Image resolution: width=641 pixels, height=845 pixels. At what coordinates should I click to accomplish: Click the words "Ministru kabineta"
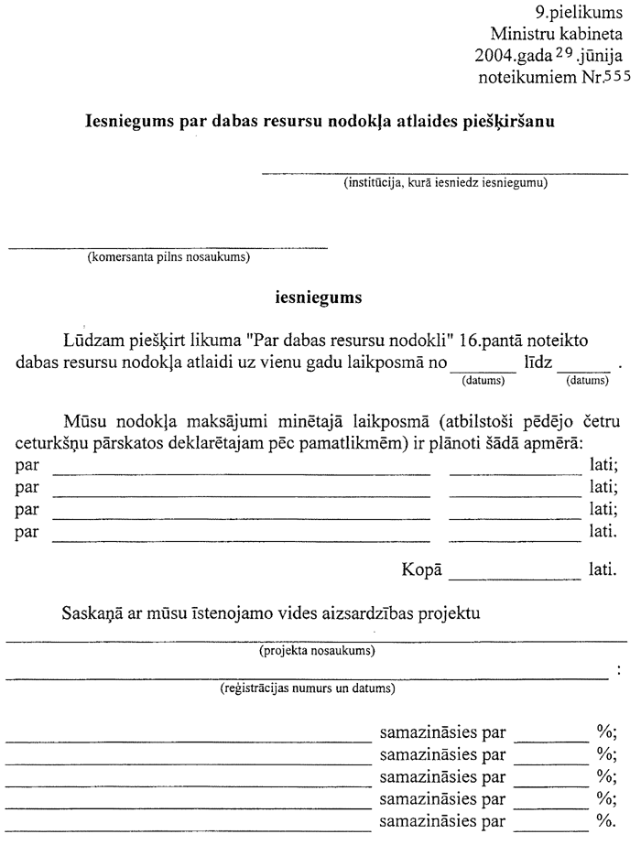tap(561, 35)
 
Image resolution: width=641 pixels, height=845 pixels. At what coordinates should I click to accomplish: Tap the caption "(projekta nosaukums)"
tap(317, 652)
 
